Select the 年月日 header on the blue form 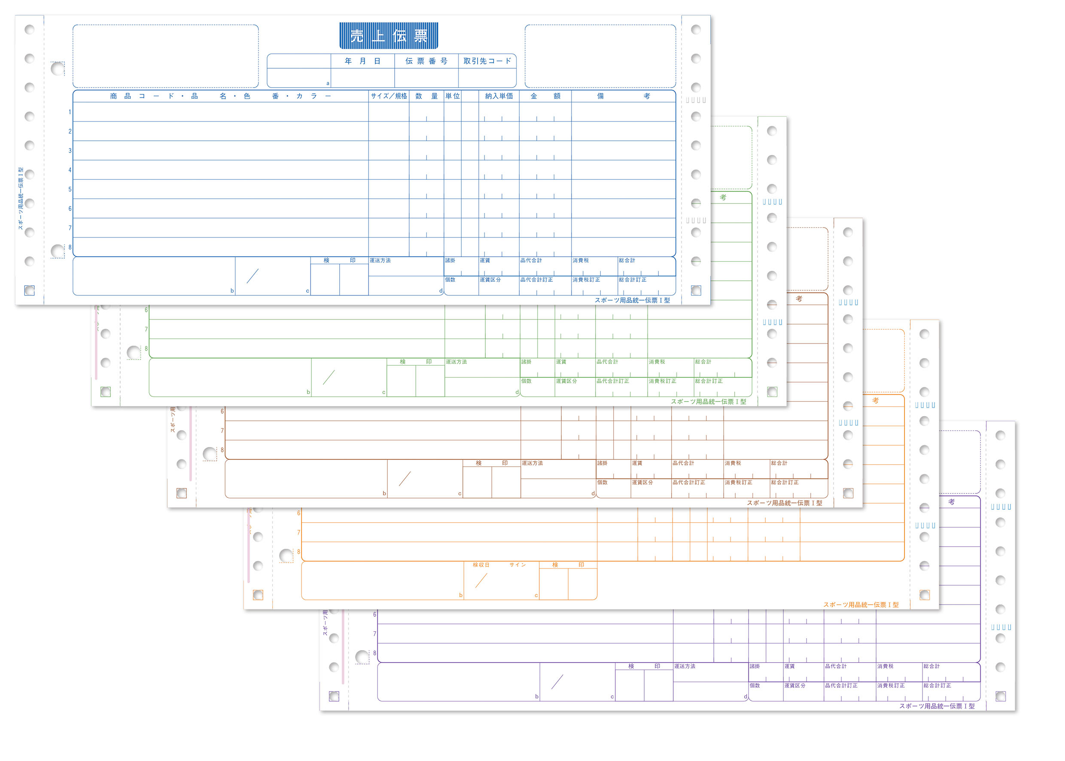[x=362, y=61]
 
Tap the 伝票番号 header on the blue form [x=426, y=61]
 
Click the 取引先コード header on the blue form [x=487, y=61]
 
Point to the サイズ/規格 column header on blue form [x=388, y=96]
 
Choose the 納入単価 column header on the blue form [x=499, y=96]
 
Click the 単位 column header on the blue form [x=452, y=96]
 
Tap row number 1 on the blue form [x=70, y=112]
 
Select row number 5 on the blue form [x=70, y=189]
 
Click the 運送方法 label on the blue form [x=380, y=261]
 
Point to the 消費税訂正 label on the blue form [x=586, y=280]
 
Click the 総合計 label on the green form [x=703, y=362]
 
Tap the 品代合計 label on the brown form [x=683, y=463]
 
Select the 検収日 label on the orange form [x=481, y=565]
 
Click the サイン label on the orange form [x=517, y=565]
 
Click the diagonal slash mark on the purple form [x=557, y=682]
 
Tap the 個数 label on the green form [x=526, y=381]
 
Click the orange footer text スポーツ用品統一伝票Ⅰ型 [x=861, y=605]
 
